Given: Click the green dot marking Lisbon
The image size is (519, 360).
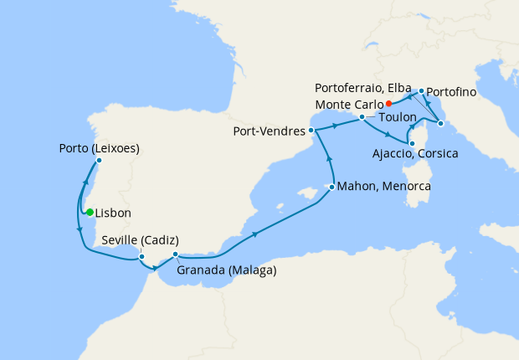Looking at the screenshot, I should pos(90,212).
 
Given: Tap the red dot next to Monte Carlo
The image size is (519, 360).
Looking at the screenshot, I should pos(389,104).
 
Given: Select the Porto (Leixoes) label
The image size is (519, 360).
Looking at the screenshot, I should pos(99,149).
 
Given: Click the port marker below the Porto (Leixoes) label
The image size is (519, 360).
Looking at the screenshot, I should pos(99,160).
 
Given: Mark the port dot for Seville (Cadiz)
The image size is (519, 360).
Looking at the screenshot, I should pos(141,256).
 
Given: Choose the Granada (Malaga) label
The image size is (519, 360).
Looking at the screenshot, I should pos(227,270).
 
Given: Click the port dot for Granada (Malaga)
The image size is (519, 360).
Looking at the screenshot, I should pos(175,255).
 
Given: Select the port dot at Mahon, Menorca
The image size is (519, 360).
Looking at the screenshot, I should pos(332,187).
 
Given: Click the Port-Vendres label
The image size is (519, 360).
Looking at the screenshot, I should pos(270,131).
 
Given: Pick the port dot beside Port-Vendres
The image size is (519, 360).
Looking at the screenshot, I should pos(311,131).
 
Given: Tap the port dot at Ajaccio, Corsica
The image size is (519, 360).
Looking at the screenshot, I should pos(411,143).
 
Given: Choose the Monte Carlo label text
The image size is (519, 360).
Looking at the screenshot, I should pos(348,104).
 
